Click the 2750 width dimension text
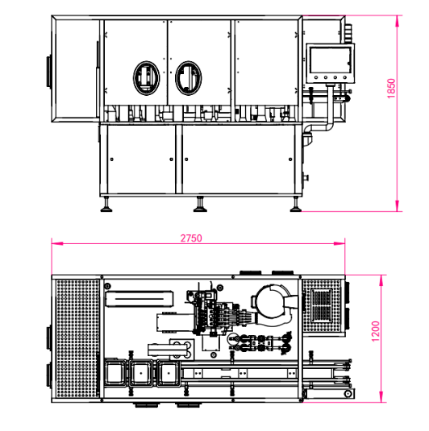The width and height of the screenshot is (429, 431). tap(190, 238)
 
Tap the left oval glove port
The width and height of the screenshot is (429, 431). tap(148, 77)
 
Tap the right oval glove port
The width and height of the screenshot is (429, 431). tap(191, 77)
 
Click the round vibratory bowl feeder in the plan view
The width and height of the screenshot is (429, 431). tap(273, 302)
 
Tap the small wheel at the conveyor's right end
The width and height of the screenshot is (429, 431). tap(348, 393)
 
